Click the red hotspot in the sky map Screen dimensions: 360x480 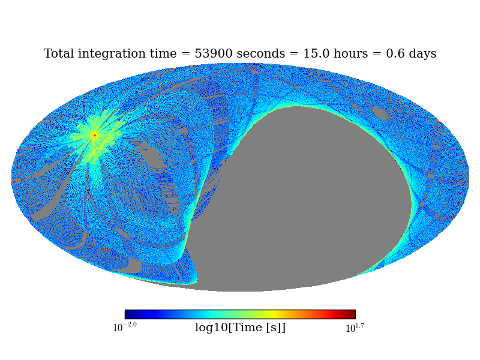coord(94,135)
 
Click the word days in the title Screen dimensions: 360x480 coord(422,54)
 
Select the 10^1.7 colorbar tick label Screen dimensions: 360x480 coord(355,328)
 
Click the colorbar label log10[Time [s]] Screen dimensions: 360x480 coord(240,328)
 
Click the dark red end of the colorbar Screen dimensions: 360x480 coord(352,314)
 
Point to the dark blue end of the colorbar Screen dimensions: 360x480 coord(128,314)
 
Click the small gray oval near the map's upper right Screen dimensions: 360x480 coord(381,113)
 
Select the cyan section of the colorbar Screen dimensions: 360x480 coord(207,314)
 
